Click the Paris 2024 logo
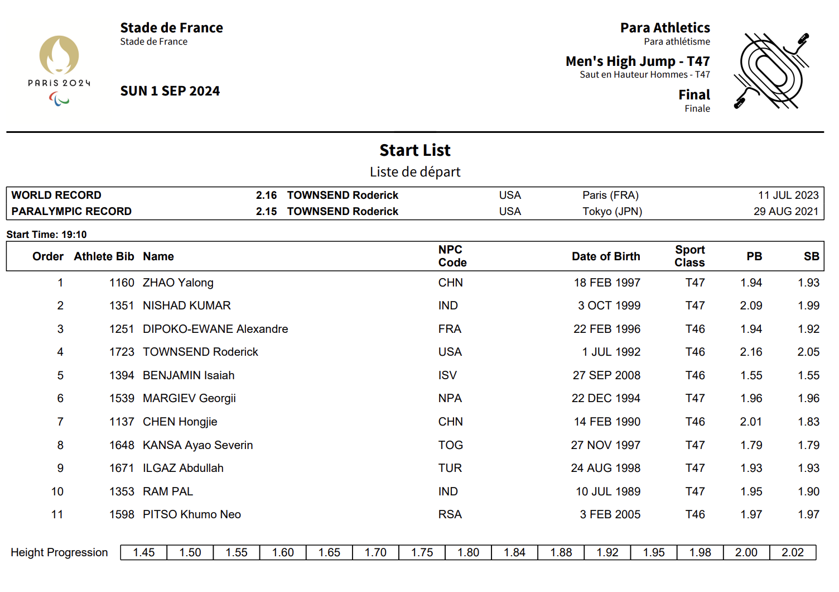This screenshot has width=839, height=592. click(x=59, y=70)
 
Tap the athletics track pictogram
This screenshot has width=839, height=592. click(x=772, y=71)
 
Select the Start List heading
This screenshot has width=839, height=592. click(x=415, y=150)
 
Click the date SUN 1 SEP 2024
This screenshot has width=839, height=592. click(x=170, y=91)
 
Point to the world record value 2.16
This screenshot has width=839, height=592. click(x=266, y=195)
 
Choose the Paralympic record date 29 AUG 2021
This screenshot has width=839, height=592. click(x=785, y=212)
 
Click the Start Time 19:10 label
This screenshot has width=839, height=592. click(x=47, y=235)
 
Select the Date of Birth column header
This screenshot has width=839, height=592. click(x=606, y=256)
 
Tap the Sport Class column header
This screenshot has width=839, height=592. click(x=689, y=256)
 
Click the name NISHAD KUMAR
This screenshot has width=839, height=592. click(x=186, y=305)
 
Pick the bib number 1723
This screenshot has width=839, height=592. click(x=122, y=352)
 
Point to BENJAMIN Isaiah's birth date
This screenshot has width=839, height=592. click(x=606, y=375)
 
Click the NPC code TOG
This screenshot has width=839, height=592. click(x=450, y=445)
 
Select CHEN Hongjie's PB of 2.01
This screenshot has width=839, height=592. click(x=751, y=422)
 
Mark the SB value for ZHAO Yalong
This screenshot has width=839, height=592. click(x=808, y=283)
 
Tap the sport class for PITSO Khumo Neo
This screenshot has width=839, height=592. click(x=695, y=514)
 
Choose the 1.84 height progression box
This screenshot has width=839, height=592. click(x=514, y=552)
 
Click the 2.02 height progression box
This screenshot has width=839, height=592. click(x=792, y=552)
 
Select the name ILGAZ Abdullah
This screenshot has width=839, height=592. click(x=183, y=468)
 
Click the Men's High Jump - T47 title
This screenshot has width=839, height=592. click(x=638, y=61)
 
